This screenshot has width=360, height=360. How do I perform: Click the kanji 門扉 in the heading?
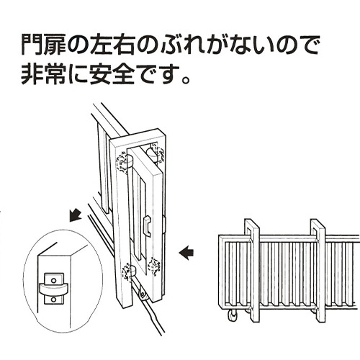tap(43, 45)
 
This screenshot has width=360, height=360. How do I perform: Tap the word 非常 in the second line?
tap(43, 74)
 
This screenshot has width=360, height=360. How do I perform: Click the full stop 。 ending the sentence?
tap(185, 79)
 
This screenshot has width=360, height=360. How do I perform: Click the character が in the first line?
tap(215, 45)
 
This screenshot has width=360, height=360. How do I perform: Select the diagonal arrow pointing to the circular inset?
tap(76, 215)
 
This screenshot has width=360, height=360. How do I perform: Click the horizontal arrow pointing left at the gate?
tap(186, 253)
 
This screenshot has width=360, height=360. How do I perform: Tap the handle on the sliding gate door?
tap(147, 225)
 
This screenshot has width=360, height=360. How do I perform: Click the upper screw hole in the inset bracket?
tap(54, 280)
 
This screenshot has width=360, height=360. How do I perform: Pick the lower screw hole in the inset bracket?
tap(54, 300)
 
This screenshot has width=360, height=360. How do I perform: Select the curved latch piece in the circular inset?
tap(53, 289)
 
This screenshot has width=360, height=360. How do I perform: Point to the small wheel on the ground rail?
tap(143, 295)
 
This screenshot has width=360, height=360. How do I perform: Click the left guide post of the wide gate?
tap(252, 271)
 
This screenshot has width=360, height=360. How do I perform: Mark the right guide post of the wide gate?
tap(318, 271)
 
